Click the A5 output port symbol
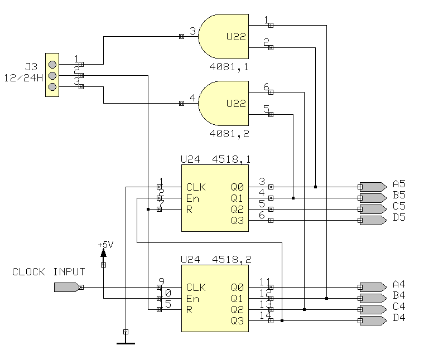[x=373, y=187]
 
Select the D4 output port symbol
[x=373, y=320]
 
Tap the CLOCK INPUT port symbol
[x=66, y=287]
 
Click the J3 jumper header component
[x=52, y=75]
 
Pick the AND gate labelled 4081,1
[x=223, y=37]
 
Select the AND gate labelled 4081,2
[x=223, y=104]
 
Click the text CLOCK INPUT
[x=49, y=272]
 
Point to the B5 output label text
[x=399, y=195]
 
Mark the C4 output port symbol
[x=373, y=309]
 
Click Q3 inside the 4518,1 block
[x=237, y=221]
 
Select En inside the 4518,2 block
[x=192, y=299]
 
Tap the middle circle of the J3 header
[x=52, y=75]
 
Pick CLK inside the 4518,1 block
[x=196, y=187]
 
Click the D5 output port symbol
[x=373, y=220]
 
